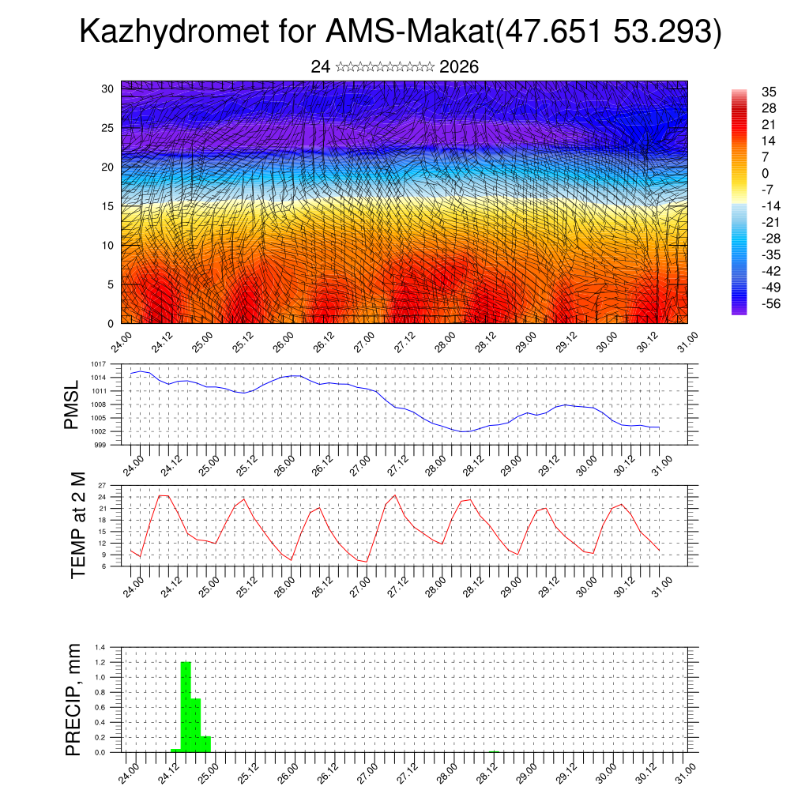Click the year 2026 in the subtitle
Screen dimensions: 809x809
458,67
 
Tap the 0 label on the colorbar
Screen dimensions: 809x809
765,174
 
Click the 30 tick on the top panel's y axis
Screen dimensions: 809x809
107,88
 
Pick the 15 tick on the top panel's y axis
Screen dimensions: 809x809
107,206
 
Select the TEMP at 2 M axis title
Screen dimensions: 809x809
77,525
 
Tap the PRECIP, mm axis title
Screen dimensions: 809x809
73,700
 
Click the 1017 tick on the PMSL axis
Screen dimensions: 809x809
98,364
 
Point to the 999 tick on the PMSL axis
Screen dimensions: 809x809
100,446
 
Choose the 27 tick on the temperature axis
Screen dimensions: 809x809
102,485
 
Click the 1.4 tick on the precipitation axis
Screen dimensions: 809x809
100,647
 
